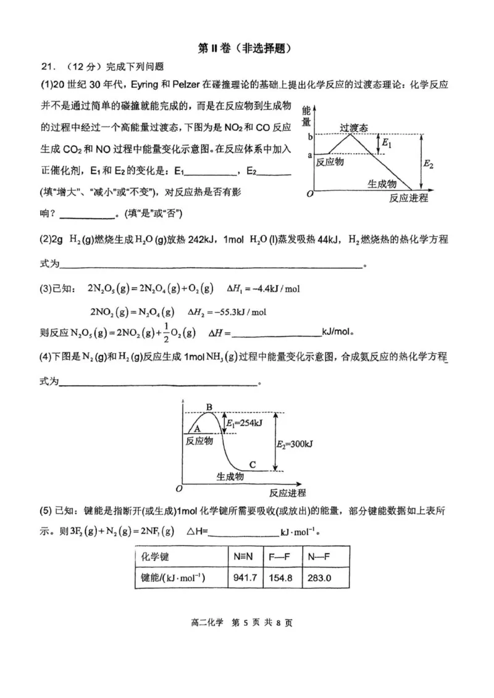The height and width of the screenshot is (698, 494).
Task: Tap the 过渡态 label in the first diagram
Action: (x=353, y=128)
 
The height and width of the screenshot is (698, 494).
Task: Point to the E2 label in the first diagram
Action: (x=429, y=164)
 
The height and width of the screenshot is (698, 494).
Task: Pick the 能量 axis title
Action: (x=306, y=117)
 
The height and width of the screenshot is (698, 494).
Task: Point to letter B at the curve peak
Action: (x=209, y=407)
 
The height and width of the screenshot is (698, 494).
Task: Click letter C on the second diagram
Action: (x=252, y=464)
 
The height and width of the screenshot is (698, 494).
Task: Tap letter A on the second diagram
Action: (x=197, y=428)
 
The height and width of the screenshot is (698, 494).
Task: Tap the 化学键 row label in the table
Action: (x=155, y=557)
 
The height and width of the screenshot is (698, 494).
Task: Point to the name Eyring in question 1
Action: (x=131, y=85)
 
